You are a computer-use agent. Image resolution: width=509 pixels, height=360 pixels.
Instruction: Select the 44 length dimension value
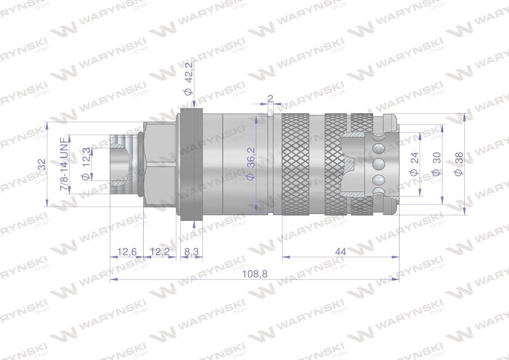click(x=341, y=252)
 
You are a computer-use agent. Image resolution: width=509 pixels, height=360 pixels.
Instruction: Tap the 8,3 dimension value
click(x=191, y=252)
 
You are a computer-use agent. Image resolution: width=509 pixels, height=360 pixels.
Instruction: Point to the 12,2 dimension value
click(x=160, y=252)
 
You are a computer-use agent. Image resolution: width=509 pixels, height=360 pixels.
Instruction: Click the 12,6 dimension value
click(x=127, y=252)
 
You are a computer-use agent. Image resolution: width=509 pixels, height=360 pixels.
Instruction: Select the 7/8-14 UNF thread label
click(x=64, y=165)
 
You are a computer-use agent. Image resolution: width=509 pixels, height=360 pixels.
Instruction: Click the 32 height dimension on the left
click(x=42, y=164)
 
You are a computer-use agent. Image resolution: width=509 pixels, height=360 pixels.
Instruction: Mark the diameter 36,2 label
click(x=250, y=164)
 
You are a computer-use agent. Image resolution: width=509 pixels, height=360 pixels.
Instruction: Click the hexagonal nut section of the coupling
click(x=160, y=164)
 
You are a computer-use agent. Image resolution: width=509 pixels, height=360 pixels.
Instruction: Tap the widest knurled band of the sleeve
click(x=296, y=164)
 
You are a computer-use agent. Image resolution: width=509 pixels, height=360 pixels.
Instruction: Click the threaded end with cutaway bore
click(x=122, y=164)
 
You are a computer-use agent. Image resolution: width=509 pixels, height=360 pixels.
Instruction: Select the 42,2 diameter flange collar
click(x=191, y=164)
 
